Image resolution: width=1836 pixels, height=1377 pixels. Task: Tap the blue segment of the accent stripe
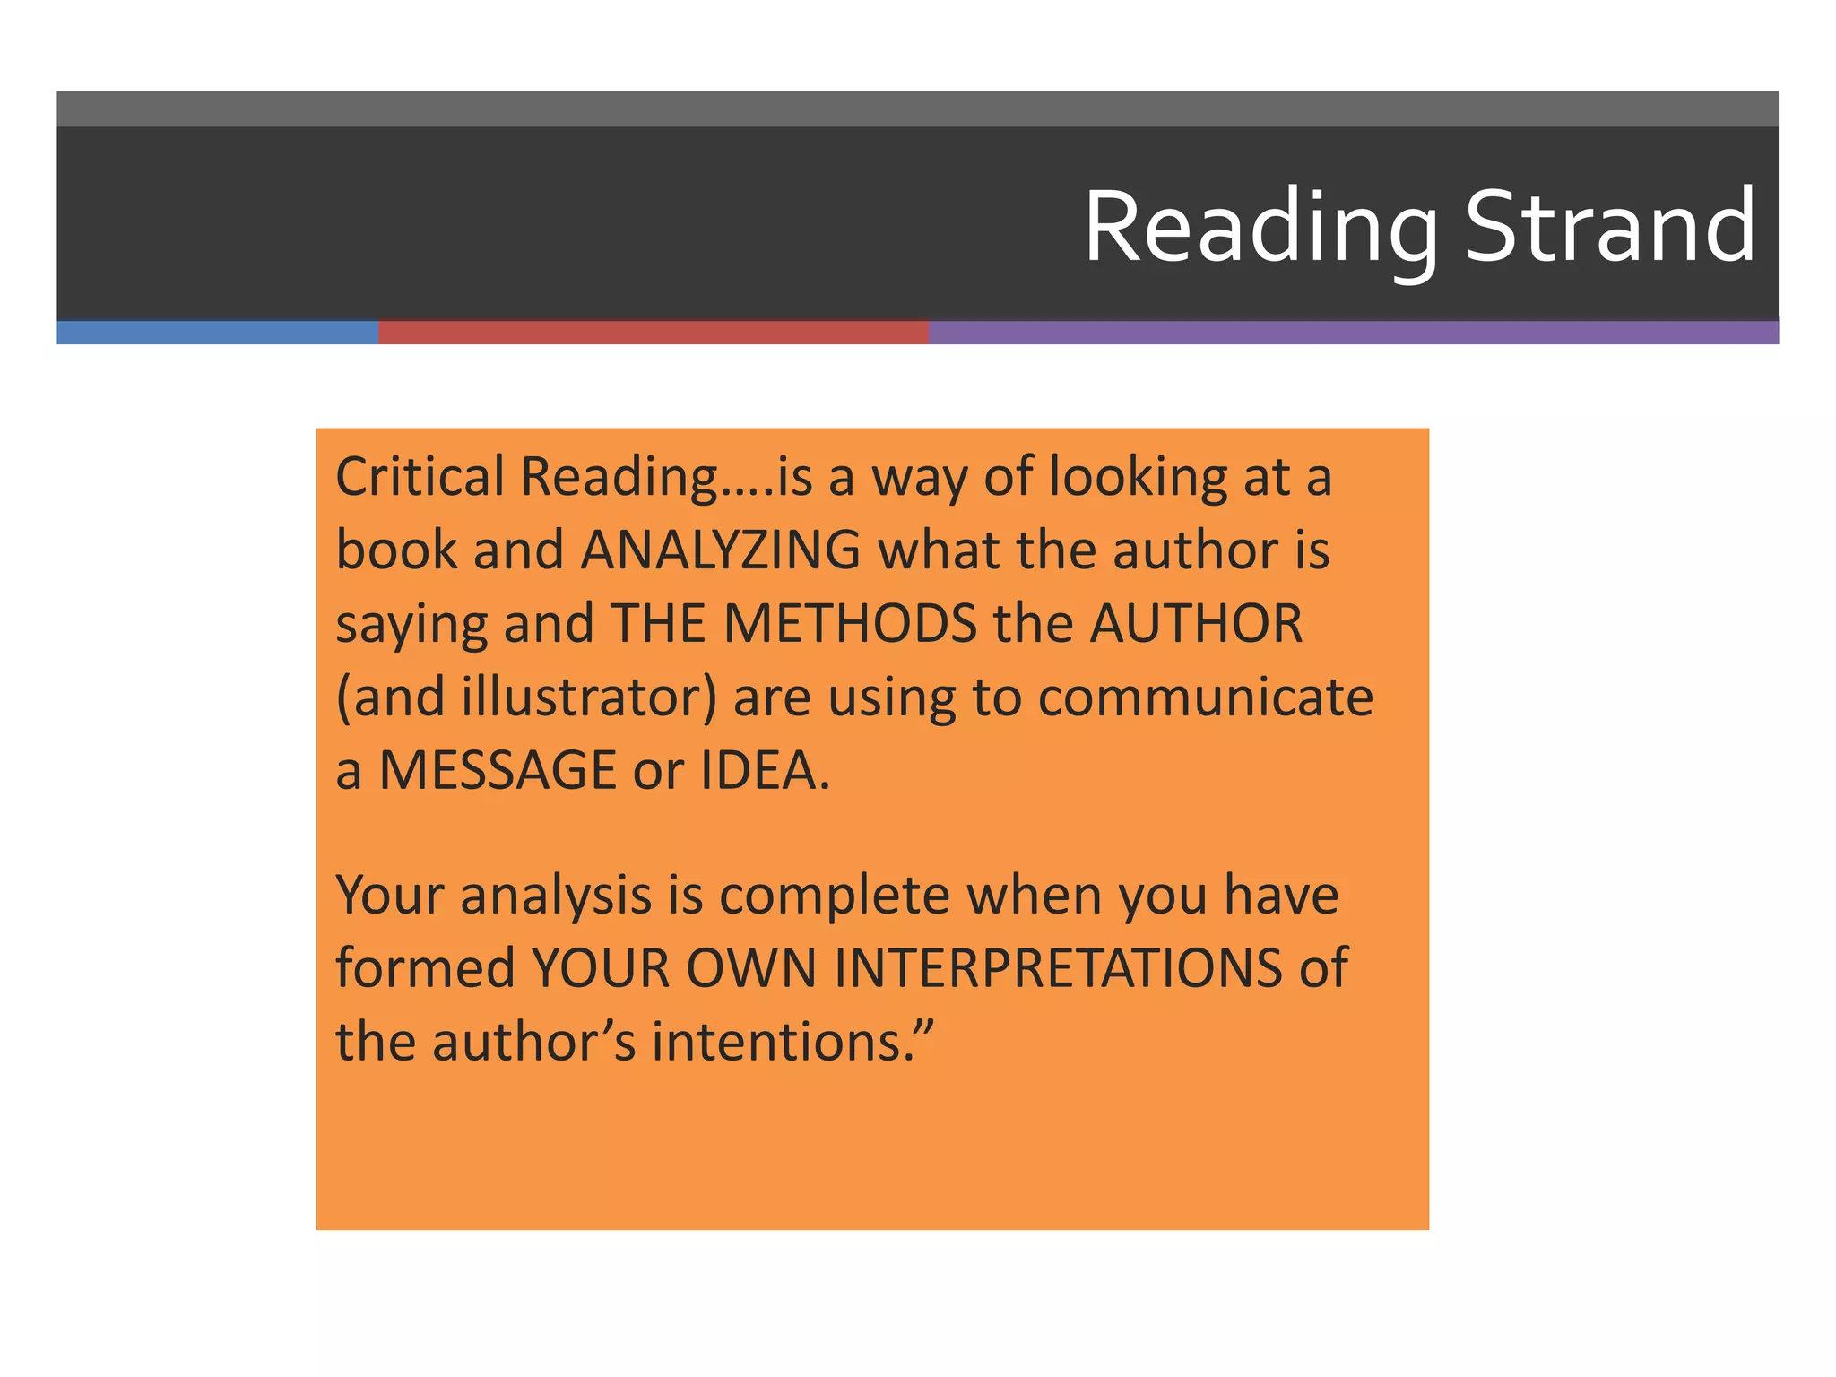click(217, 333)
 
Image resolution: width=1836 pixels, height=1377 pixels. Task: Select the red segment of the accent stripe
click(653, 333)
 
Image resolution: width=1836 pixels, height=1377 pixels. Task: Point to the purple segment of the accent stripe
click(1353, 333)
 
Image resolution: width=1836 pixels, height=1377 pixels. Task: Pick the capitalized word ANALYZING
click(721, 550)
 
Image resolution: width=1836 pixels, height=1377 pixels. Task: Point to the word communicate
click(1205, 697)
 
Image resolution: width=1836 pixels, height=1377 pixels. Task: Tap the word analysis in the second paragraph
click(556, 896)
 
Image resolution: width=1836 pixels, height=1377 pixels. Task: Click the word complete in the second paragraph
click(834, 896)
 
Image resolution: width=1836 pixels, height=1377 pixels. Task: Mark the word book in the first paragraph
click(396, 550)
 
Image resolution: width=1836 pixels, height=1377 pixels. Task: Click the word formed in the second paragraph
click(425, 968)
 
